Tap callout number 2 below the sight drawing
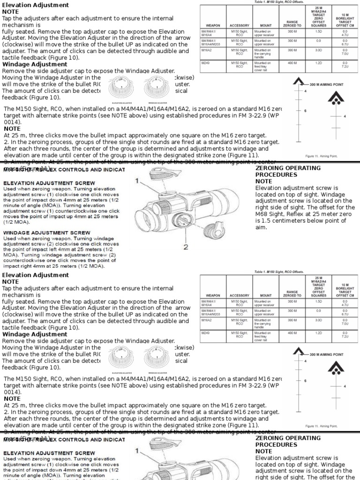[x=186, y=247]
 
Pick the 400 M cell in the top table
[x=292, y=63]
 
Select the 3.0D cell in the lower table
[x=318, y=320]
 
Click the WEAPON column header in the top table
[x=213, y=25]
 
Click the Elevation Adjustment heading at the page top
[x=36, y=5]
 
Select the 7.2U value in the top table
[x=345, y=67]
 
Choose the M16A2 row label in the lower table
[x=207, y=320]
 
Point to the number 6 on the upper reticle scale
[x=305, y=111]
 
